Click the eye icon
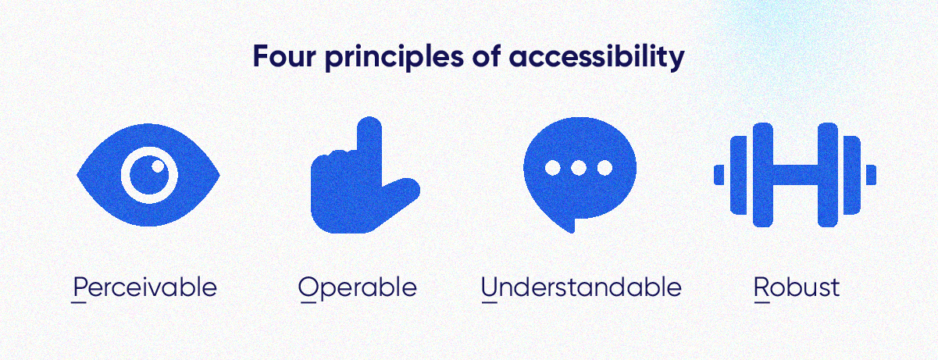coord(148,174)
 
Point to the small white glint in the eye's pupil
coord(158,165)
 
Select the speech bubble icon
coord(579,173)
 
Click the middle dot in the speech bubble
coord(579,167)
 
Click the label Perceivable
coord(144,287)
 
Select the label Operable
coord(358,287)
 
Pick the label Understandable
coord(581,287)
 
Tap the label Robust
coord(797,287)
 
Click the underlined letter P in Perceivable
coord(78,287)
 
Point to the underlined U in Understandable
coord(490,287)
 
